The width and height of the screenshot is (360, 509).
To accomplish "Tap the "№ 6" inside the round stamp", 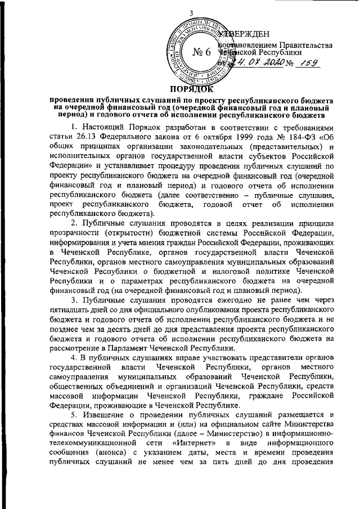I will [201, 52].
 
